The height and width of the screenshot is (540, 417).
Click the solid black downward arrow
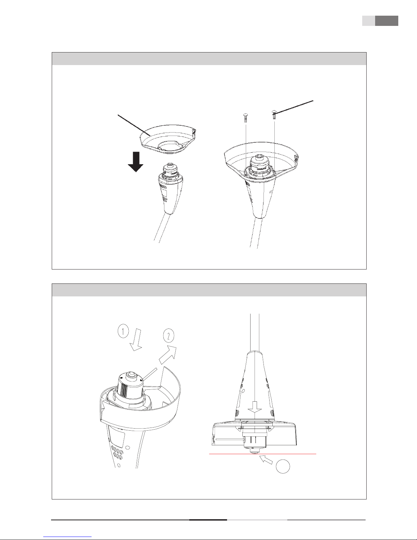click(135, 162)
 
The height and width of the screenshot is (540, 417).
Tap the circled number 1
click(123, 331)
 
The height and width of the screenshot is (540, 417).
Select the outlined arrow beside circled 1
click(136, 339)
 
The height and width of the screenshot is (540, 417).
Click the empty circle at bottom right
click(283, 466)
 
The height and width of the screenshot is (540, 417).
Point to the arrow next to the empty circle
click(266, 460)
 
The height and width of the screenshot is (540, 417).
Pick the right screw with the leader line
click(274, 114)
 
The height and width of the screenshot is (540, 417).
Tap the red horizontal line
click(262, 454)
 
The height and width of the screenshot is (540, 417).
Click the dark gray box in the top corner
click(386, 21)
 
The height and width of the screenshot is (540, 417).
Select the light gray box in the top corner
click(369, 21)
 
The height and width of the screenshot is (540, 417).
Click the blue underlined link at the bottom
click(67, 537)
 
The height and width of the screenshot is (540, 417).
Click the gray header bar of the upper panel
click(209, 59)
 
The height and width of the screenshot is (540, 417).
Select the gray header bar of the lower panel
click(209, 290)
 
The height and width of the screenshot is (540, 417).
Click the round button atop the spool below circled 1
click(131, 375)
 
